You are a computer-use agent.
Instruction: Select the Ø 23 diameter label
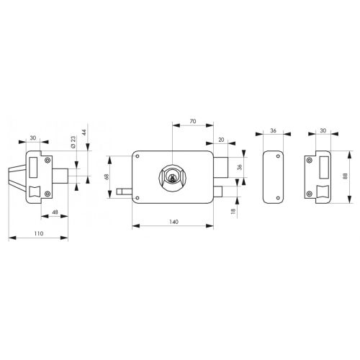coord(73,143)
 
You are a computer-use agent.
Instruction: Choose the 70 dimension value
coord(192,122)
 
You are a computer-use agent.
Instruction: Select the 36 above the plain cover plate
coord(273,130)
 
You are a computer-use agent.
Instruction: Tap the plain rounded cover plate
coord(273,176)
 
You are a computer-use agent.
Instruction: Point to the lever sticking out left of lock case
coord(123,192)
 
